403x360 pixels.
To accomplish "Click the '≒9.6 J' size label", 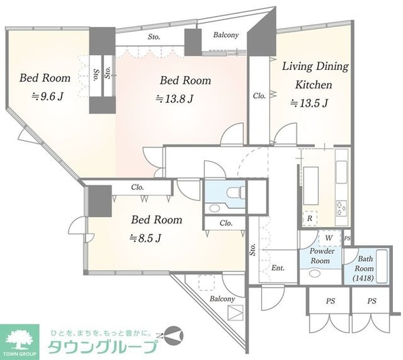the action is [47, 97].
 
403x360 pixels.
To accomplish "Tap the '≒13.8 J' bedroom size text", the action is [175, 99].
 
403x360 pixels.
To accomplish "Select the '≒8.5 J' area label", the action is [145, 238].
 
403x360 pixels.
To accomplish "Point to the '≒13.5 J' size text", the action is [309, 103].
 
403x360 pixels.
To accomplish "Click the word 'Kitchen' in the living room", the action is [314, 85].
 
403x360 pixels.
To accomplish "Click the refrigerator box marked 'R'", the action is [310, 218].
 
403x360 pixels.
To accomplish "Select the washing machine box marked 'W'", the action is [329, 238].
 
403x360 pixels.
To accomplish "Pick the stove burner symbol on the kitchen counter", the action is [341, 208].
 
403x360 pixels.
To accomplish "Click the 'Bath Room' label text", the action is [365, 263].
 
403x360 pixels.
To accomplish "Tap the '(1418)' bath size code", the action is [363, 278].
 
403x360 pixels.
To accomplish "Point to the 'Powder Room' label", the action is [321, 256].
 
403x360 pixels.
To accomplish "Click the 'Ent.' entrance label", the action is [278, 268].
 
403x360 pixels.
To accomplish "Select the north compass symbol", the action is [173, 336].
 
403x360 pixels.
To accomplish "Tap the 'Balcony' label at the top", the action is [226, 35].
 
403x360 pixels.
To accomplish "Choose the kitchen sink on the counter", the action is [342, 172].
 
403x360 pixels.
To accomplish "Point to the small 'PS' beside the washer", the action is [347, 238].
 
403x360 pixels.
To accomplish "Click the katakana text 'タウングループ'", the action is [103, 347].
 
